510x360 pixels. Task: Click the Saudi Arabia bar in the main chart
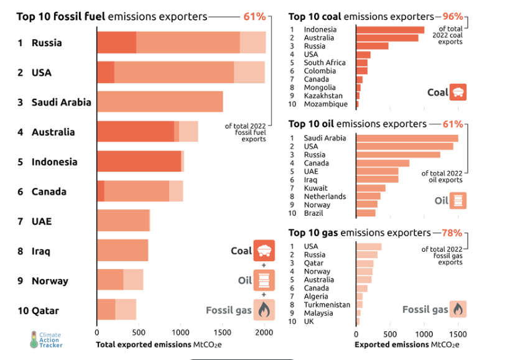(160, 102)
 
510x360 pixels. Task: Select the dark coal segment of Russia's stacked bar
(116, 42)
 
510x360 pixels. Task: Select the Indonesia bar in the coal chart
(390, 30)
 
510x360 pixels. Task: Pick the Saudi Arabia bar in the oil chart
(407, 138)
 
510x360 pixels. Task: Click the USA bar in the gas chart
(368, 247)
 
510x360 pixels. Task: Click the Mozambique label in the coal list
(325, 104)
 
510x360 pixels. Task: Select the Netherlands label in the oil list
(325, 196)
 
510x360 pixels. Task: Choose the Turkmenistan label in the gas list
(327, 305)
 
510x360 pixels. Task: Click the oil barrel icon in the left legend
(264, 280)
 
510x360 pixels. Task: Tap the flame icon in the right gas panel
(458, 309)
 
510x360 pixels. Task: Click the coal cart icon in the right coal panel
(458, 93)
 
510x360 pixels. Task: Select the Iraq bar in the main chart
(123, 251)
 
